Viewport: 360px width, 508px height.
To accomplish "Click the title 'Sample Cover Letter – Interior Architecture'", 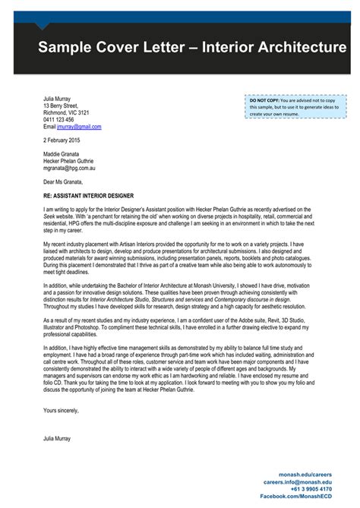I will (192, 49).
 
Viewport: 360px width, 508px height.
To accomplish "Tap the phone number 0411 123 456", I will (58, 120).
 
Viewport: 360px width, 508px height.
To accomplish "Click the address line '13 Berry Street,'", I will (61, 106).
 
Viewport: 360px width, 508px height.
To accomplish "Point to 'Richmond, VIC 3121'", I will (66, 112).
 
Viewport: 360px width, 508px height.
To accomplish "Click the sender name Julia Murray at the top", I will (58, 98).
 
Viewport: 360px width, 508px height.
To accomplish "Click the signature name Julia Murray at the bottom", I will (58, 439).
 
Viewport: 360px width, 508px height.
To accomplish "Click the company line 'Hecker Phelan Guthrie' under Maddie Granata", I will (68, 161).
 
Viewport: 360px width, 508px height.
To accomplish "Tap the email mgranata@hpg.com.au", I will (69, 169).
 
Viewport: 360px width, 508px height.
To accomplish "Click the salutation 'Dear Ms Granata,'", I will (64, 182).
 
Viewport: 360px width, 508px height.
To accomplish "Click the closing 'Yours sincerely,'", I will (62, 410).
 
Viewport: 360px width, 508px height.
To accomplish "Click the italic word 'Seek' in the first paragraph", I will (50, 216).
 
